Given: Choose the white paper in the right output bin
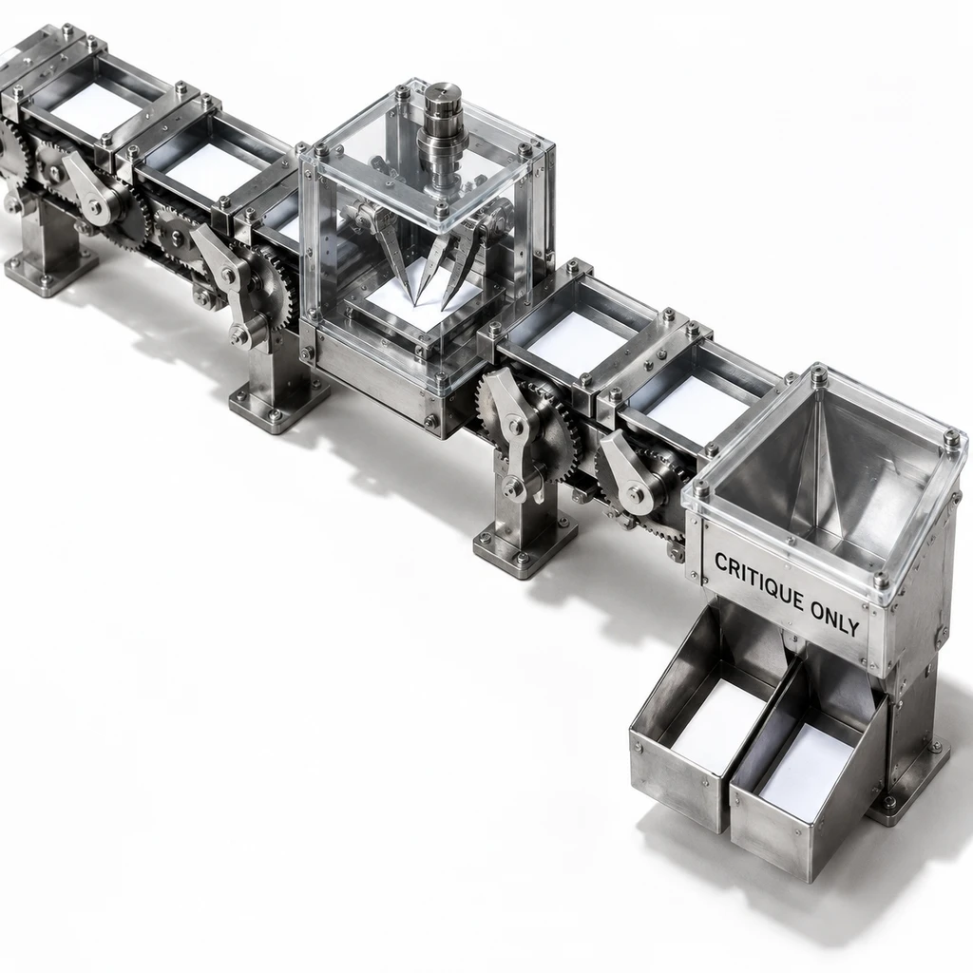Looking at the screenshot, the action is point(807,762).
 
